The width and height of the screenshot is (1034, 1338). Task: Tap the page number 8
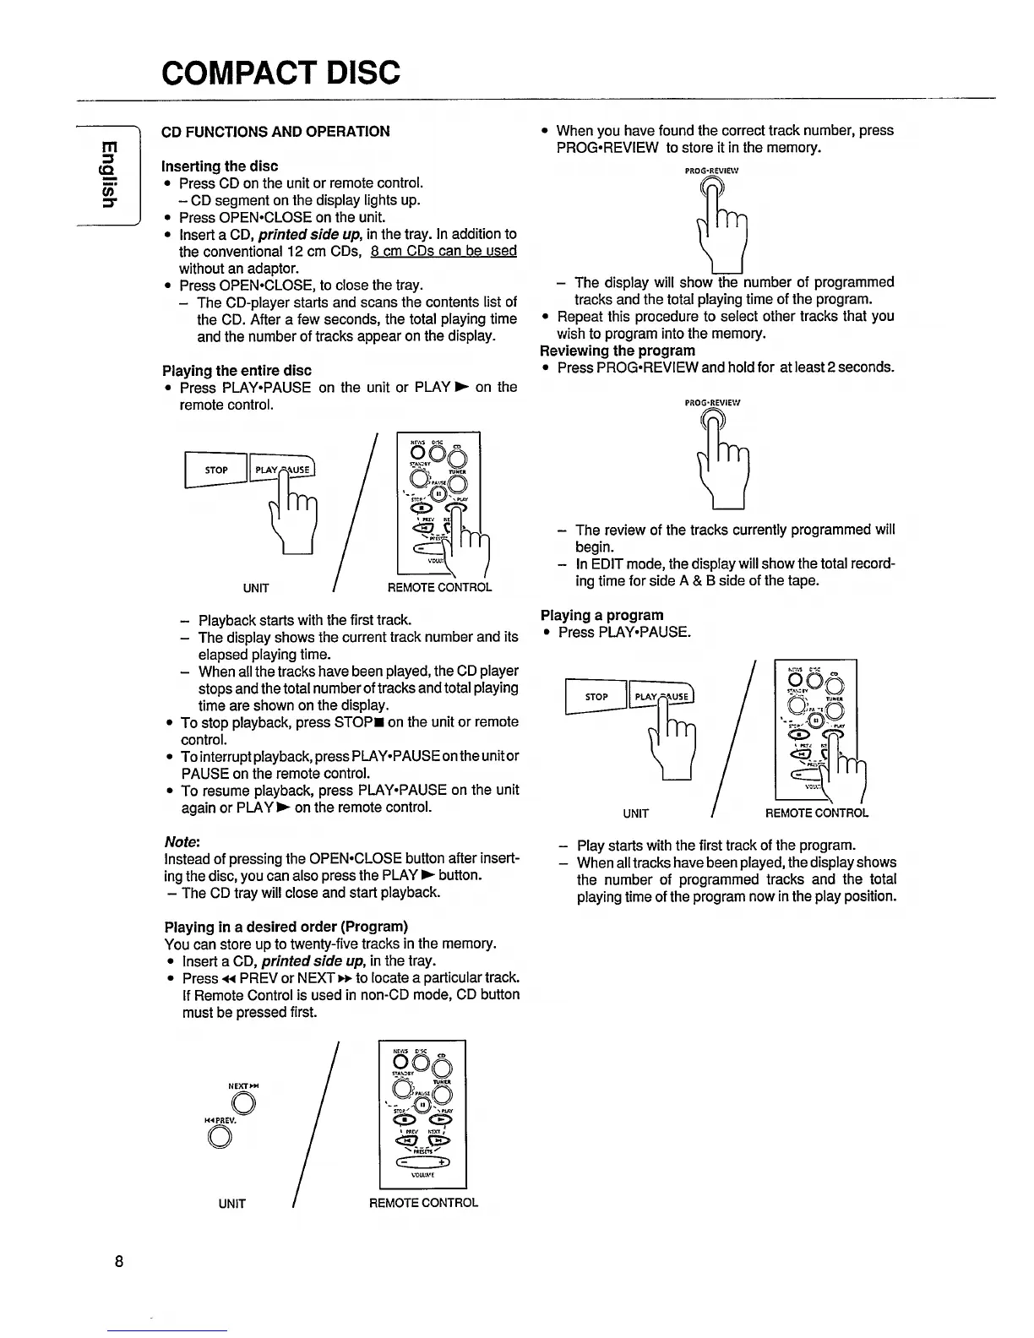pos(120,1262)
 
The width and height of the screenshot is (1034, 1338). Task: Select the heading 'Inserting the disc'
pos(220,166)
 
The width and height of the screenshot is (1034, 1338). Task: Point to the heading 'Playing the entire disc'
pos(237,370)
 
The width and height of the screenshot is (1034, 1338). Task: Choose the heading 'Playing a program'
pos(602,615)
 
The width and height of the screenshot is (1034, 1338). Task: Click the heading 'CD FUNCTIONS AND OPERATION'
pos(275,131)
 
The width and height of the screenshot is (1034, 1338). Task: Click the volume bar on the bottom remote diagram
pos(423,1161)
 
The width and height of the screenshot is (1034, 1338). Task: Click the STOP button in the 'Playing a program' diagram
pos(596,697)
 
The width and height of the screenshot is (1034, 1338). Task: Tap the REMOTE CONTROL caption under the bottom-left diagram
pos(423,1203)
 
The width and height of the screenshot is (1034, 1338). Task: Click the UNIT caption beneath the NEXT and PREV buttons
pos(231,1204)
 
